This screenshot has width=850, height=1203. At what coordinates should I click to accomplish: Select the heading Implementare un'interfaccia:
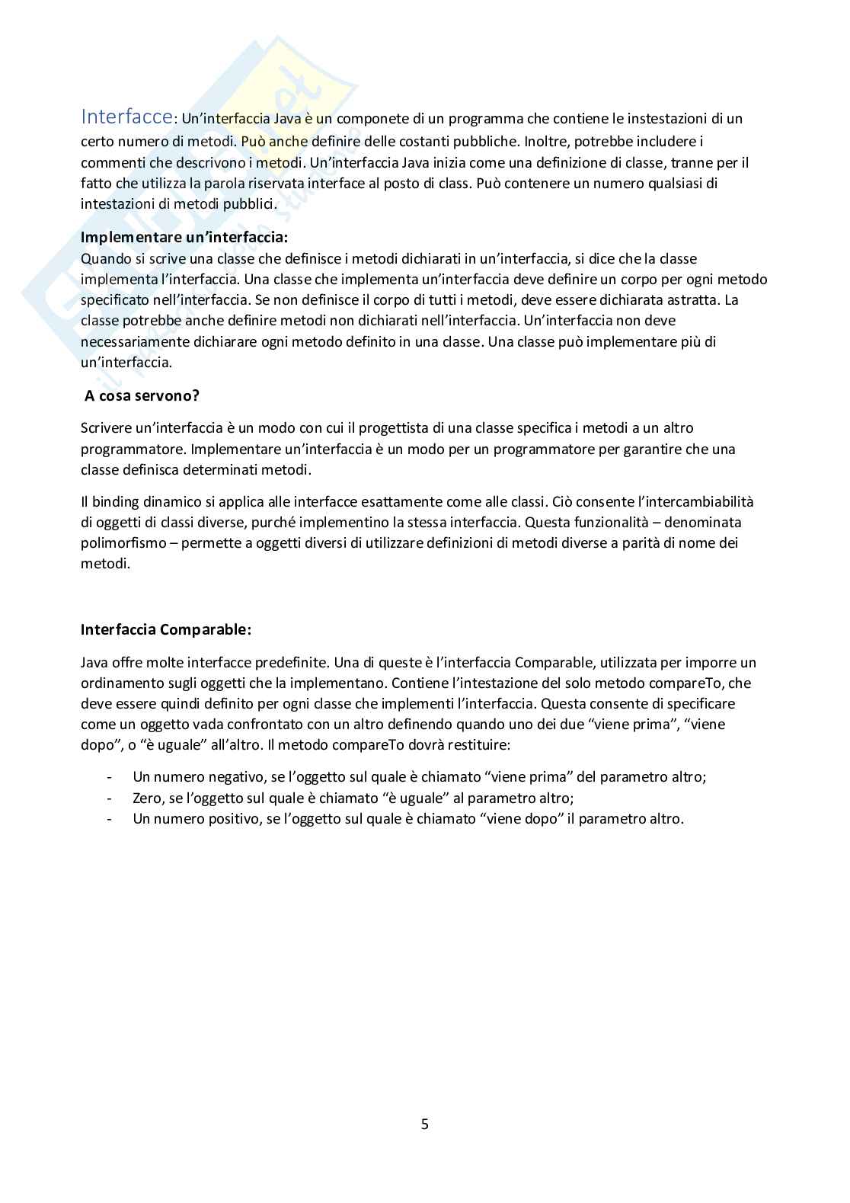[x=184, y=237]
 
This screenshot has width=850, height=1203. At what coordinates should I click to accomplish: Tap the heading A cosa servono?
[x=142, y=395]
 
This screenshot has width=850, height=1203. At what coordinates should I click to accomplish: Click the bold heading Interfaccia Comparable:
[x=165, y=630]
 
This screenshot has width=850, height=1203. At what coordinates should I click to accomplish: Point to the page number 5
[x=425, y=1124]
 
